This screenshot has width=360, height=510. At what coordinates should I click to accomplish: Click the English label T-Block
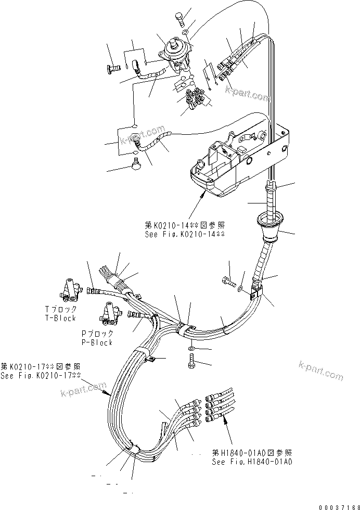pos(60,318)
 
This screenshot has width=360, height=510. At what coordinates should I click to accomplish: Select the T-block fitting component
pos(69,289)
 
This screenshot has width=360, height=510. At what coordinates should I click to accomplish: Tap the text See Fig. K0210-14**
pos(184,235)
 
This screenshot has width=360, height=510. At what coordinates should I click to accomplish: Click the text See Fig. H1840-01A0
pos(252,462)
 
